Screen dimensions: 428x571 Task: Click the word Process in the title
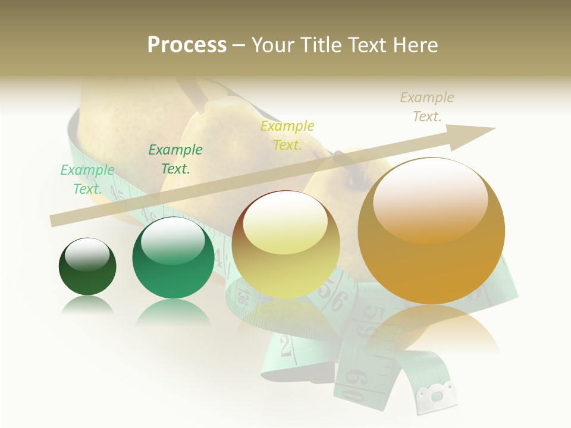(x=187, y=45)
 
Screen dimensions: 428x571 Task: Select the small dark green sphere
(x=87, y=267)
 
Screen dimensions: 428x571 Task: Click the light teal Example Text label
(x=87, y=179)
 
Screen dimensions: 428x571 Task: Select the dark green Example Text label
(x=175, y=159)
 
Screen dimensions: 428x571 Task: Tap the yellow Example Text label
(x=287, y=135)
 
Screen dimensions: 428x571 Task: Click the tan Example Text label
(x=427, y=106)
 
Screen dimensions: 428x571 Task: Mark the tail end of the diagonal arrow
(x=55, y=221)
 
